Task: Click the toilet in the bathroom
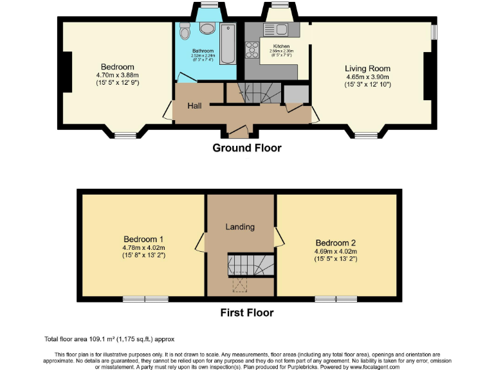pyautogui.click(x=185, y=31)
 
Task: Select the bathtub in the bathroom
pyautogui.click(x=227, y=44)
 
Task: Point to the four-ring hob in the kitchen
pyautogui.click(x=252, y=49)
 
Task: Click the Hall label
pyautogui.click(x=196, y=105)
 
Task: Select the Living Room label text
pyautogui.click(x=367, y=68)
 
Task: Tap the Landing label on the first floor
pyautogui.click(x=240, y=227)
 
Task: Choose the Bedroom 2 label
pyautogui.click(x=335, y=243)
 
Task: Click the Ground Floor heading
pyautogui.click(x=247, y=148)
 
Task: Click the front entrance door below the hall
pyautogui.click(x=236, y=134)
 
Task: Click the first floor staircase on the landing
pyautogui.click(x=250, y=264)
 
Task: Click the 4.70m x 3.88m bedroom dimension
pyautogui.click(x=117, y=75)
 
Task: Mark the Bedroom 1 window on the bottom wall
pyautogui.click(x=145, y=299)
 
